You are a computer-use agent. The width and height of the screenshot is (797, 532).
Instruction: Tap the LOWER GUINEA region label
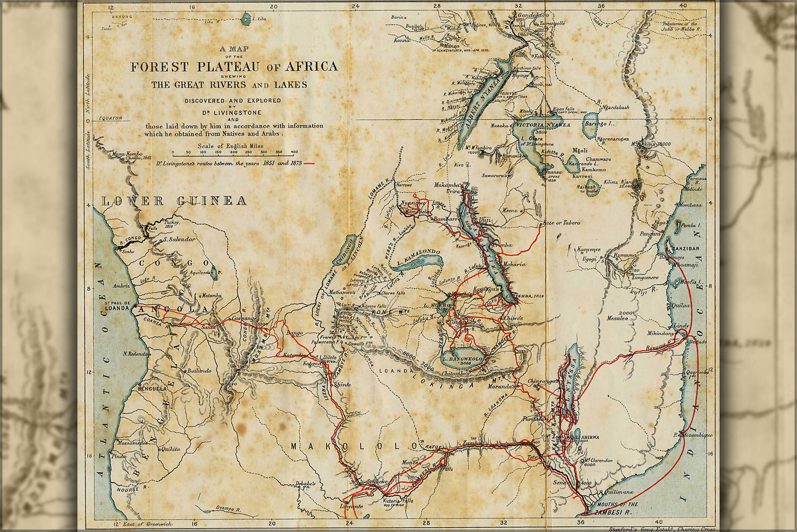coord(174,201)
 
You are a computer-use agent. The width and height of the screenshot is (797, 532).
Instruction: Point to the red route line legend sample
coord(309,163)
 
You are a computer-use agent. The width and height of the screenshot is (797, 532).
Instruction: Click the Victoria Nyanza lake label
coord(542,125)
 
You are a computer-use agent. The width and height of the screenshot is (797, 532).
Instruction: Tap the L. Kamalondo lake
coord(420,261)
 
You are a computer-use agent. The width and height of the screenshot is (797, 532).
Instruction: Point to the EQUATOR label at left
coord(111,118)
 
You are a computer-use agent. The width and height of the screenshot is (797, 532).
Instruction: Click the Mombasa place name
coord(691,205)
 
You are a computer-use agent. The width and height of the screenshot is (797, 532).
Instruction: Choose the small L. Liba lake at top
coord(246,20)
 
